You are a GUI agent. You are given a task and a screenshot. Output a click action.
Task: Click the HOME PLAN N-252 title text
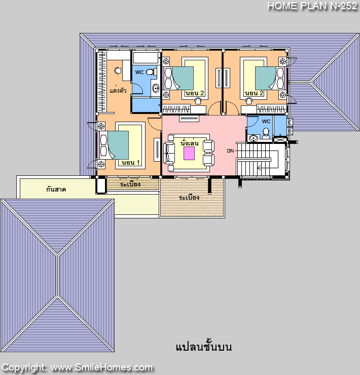[312, 6]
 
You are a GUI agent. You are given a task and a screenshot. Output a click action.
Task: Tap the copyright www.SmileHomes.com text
[77, 367]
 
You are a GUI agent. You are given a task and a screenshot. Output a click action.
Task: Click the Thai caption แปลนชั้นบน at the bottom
[204, 347]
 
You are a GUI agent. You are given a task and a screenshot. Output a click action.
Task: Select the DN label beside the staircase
[230, 151]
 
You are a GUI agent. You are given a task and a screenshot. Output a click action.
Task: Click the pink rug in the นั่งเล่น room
[189, 154]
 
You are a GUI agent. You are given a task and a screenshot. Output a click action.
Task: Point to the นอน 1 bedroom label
[131, 163]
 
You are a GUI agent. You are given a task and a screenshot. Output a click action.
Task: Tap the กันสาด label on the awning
[56, 189]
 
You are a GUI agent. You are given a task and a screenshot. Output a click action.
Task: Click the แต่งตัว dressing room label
[118, 90]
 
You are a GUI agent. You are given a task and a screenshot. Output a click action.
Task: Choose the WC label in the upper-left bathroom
[139, 72]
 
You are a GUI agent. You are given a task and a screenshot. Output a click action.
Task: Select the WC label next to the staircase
[266, 122]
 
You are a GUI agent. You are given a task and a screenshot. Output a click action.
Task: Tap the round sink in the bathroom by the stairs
[253, 138]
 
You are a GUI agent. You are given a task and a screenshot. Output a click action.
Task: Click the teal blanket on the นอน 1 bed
[118, 145]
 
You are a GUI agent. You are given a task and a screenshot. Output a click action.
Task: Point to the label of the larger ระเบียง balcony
[189, 198]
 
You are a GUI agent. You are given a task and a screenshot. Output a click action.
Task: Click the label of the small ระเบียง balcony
[130, 184]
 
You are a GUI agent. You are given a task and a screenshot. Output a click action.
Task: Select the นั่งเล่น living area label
[190, 143]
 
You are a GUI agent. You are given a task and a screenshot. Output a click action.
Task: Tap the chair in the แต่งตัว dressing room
[118, 70]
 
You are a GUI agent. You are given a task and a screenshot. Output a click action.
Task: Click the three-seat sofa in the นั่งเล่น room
[169, 153]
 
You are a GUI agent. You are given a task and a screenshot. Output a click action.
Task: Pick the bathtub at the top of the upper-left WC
[146, 58]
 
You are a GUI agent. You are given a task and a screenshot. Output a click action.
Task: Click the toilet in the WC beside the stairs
[266, 134]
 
